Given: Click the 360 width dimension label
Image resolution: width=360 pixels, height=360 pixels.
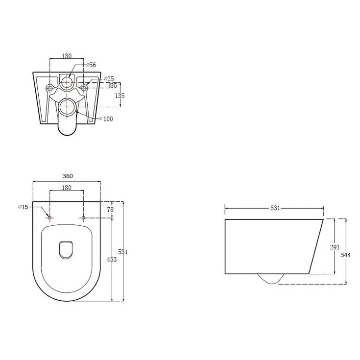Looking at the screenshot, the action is (x=68, y=176).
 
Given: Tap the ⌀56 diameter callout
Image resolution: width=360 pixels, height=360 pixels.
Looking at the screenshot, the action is (x=92, y=65).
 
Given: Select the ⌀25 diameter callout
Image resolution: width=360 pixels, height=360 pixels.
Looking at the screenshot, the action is (x=109, y=79).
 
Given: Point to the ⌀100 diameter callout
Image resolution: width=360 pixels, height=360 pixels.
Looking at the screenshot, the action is (x=106, y=119).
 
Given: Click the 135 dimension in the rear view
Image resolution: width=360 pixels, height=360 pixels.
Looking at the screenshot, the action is (x=120, y=96).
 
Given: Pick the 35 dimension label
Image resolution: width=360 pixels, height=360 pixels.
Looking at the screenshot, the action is (x=114, y=85).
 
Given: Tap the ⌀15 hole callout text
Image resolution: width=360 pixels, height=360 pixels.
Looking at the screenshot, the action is (x=23, y=207).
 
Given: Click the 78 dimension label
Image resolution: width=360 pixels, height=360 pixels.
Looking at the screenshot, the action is (x=110, y=210).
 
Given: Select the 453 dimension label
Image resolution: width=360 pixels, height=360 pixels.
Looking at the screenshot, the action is (x=112, y=260).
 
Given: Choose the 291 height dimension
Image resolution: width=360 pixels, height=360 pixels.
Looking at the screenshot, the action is (x=335, y=247).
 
